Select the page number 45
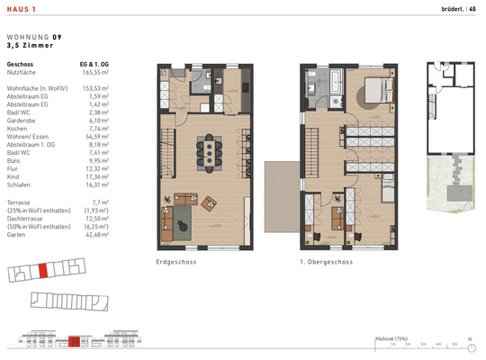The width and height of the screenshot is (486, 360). point(472,8)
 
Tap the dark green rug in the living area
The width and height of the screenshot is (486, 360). point(184,216)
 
